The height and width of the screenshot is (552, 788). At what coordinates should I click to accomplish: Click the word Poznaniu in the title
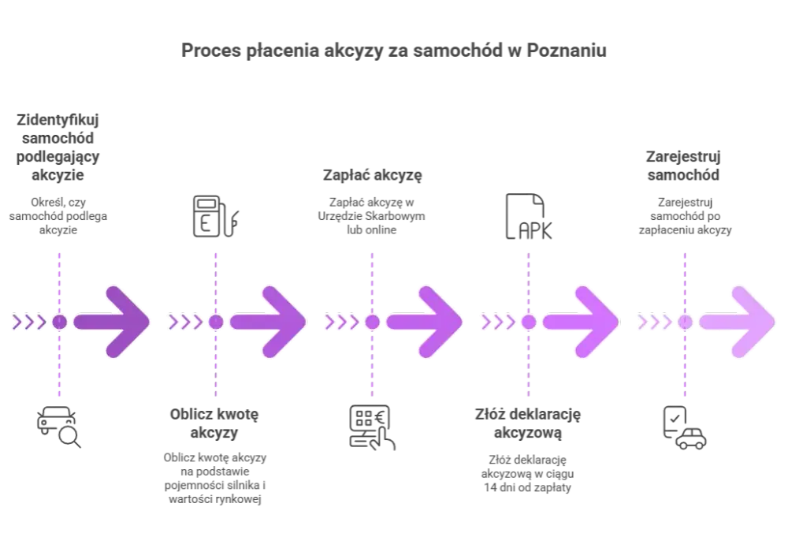567,50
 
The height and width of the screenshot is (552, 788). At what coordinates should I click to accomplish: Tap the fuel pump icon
216,216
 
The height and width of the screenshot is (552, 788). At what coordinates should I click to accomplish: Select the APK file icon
529,216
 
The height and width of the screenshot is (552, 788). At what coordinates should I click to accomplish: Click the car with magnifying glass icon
59,427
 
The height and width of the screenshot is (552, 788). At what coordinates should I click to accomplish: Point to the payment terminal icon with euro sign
372,427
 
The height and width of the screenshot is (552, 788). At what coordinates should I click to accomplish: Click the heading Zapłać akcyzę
373,175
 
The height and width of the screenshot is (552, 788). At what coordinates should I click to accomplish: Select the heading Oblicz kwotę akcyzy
214,423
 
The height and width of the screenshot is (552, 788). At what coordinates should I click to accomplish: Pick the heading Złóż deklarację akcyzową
528,423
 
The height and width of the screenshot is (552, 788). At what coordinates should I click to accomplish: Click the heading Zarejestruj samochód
683,166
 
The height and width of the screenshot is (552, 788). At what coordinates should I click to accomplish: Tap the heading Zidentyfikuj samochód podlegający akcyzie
58,147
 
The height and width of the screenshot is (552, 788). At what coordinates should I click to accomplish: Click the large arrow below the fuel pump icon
269,322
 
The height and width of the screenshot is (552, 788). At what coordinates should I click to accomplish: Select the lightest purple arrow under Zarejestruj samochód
738,322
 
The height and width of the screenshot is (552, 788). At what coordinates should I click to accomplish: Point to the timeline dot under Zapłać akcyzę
373,322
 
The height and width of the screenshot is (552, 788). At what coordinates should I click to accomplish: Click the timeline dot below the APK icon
529,322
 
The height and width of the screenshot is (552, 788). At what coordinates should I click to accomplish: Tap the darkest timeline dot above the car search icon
59,322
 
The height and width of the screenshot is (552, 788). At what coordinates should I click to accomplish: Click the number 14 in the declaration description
490,487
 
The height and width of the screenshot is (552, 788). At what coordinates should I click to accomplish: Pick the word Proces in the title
211,50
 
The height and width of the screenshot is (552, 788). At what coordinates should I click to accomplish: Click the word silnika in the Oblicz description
243,485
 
